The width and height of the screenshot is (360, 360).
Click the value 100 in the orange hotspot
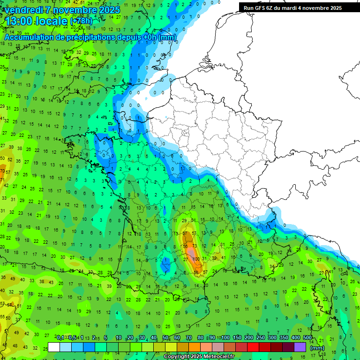tap(196, 259)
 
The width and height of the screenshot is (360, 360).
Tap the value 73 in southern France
tap(195, 246)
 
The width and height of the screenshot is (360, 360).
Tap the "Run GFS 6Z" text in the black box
tap(259, 8)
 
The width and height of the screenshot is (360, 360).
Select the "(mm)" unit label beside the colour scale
tap(317, 348)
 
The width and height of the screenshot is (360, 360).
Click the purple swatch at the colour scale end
tap(300, 347)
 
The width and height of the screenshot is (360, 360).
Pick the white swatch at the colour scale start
tap(54, 347)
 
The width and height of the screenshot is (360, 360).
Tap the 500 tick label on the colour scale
tap(307, 338)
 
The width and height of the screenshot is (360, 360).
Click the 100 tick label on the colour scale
tap(225, 338)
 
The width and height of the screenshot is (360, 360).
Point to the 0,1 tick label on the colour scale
tap(60, 338)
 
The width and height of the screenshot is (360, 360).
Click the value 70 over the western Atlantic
tap(2, 171)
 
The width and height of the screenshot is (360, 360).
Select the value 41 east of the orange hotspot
tap(223, 257)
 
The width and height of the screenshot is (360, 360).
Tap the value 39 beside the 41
tap(214, 258)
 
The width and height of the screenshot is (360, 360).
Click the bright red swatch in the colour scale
tap(253, 347)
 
